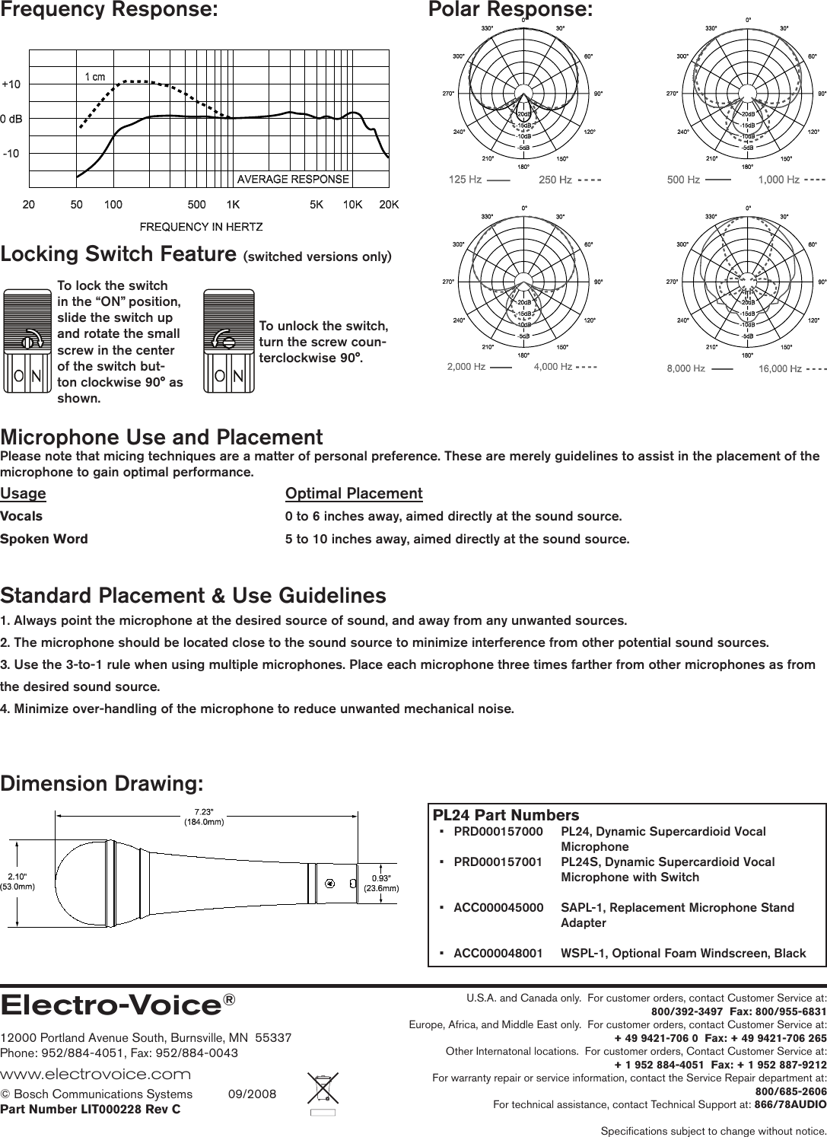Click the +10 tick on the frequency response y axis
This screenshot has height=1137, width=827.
pos(11,84)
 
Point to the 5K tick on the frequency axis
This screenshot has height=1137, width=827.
pos(316,205)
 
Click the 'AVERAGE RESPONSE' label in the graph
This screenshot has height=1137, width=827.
pos(293,180)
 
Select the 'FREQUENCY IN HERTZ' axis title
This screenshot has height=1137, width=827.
pos(201,227)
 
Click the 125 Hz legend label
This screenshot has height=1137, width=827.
pos(466,180)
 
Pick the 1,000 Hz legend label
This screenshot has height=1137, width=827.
pos(778,180)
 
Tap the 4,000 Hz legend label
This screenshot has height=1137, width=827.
pos(553,367)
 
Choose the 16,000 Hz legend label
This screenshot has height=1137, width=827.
pos(779,369)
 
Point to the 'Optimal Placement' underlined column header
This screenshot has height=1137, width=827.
pos(354,493)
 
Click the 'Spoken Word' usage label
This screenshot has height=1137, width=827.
pos(44,539)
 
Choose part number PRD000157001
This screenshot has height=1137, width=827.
pos(498,862)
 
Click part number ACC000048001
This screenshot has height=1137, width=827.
pos(498,953)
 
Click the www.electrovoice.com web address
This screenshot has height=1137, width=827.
pos(95,1074)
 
